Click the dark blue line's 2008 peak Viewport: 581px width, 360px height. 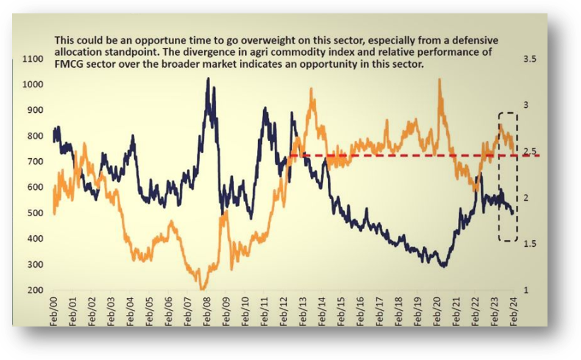tap(208, 79)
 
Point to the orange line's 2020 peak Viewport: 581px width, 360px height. tap(440, 79)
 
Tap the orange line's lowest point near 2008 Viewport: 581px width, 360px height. tap(203, 289)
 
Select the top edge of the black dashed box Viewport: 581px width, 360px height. tap(508, 113)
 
